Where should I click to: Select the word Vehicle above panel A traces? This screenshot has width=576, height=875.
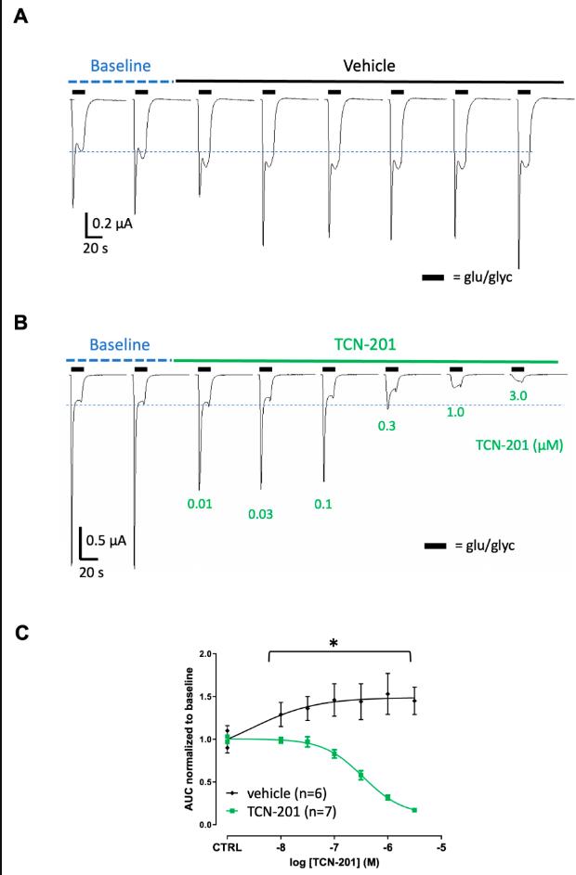pyautogui.click(x=369, y=66)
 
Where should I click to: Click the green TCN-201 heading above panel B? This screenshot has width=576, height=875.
pyautogui.click(x=364, y=345)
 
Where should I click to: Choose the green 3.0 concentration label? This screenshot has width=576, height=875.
pyautogui.click(x=518, y=396)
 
